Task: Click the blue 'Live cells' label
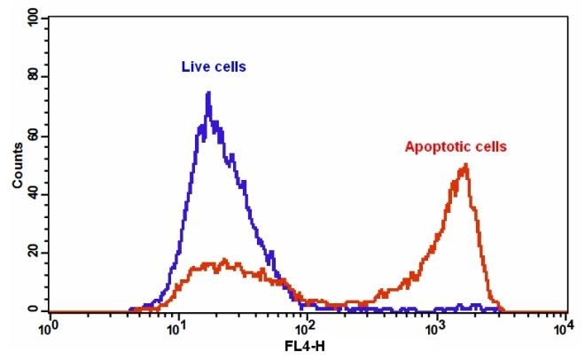coord(214,67)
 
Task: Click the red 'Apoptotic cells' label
coord(455,147)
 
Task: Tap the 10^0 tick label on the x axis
coord(51,327)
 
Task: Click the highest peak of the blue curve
coord(208,93)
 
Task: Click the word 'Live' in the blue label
coord(195,67)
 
